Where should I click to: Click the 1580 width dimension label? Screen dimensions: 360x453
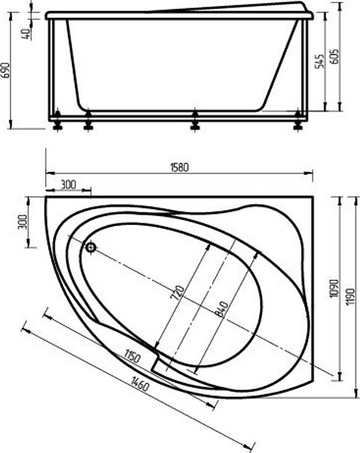click(179, 167)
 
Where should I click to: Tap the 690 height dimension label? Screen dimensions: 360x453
click(6, 70)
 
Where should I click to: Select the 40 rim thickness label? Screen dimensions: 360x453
click(26, 34)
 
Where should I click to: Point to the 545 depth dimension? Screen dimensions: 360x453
click(319, 61)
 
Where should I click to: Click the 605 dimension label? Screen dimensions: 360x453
click(334, 56)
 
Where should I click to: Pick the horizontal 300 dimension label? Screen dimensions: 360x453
click(69, 185)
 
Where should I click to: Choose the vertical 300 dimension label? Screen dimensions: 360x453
click(22, 222)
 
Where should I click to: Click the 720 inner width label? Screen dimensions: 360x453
click(179, 292)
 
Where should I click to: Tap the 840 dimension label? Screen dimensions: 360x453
click(223, 309)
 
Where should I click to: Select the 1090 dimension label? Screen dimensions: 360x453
click(334, 289)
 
